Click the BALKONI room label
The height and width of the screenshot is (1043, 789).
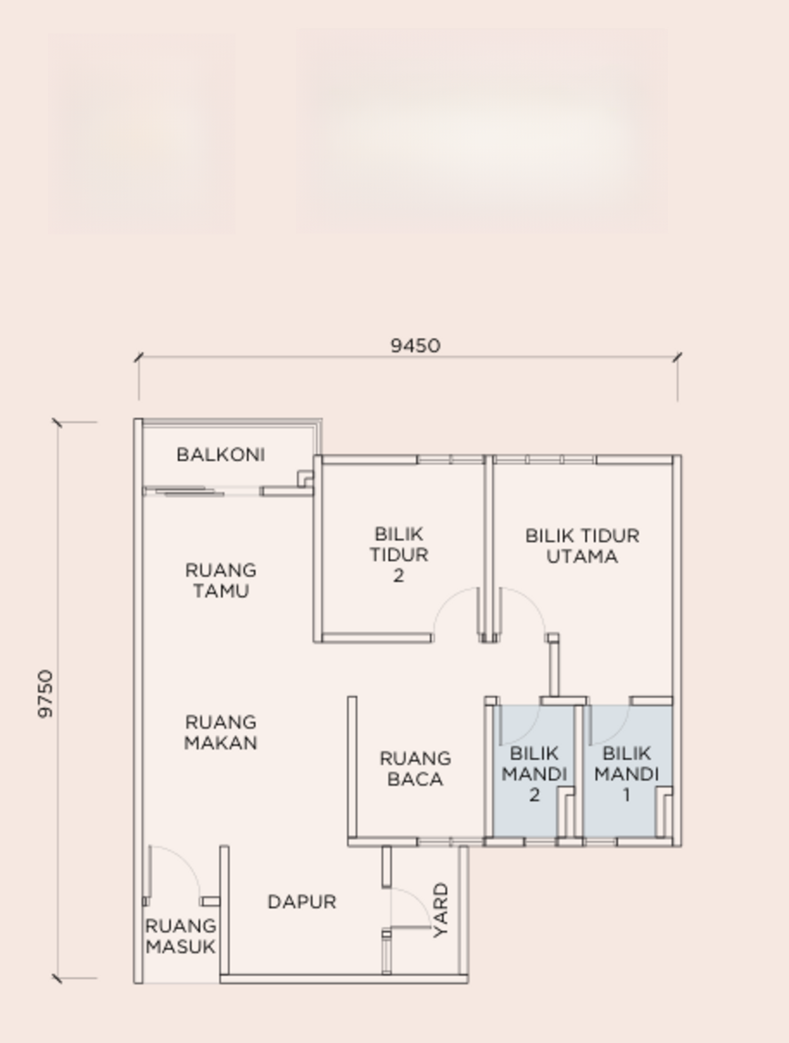[x=220, y=455]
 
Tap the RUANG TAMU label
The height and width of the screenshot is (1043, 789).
[x=221, y=580]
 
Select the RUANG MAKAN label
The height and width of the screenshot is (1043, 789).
[x=221, y=732]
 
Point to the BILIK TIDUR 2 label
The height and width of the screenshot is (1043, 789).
[x=399, y=554]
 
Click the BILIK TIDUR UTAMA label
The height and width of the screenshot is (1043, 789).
[x=583, y=546]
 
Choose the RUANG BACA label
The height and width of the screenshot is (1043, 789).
[x=415, y=769]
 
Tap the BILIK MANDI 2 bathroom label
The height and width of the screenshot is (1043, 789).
[x=534, y=774]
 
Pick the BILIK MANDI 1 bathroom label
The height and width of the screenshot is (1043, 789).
[x=626, y=774]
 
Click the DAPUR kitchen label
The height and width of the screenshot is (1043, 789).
[x=302, y=901]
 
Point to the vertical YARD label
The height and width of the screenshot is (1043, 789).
[x=441, y=909]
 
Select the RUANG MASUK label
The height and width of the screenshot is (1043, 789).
[x=181, y=936]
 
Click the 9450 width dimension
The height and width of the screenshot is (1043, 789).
[x=416, y=346]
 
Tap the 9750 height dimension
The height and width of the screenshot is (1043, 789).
[x=46, y=694]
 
